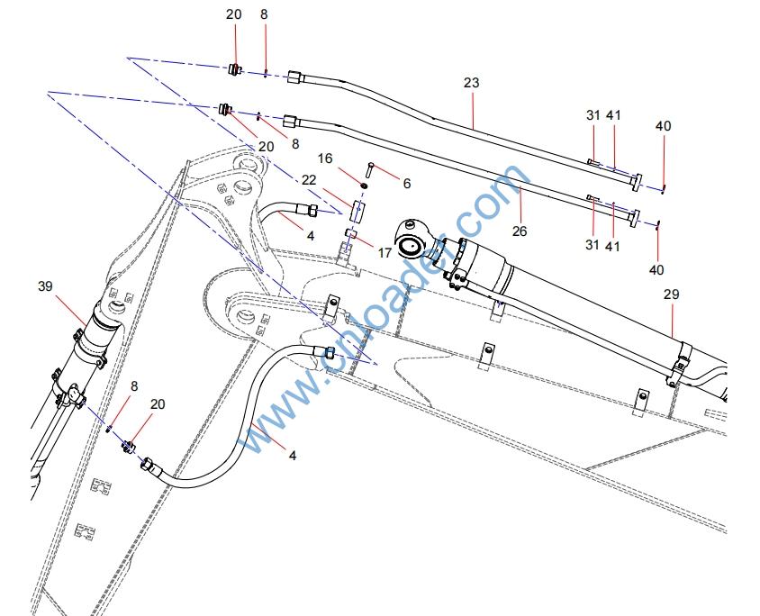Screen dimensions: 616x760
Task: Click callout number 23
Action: point(471,83)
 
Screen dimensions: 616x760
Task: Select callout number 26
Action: point(519,231)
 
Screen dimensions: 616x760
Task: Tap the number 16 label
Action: point(349,159)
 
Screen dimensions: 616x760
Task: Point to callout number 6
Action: point(407,184)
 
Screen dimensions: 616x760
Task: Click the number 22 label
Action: point(309,180)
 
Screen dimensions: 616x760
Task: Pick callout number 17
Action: point(385,253)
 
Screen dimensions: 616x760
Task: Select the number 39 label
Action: point(45,286)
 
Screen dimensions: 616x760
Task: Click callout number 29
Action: point(671,294)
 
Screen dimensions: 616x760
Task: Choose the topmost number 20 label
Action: point(234,14)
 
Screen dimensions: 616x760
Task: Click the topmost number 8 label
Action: point(264,14)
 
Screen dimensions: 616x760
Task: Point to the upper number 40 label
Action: point(663,127)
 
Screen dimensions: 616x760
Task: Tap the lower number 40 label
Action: point(656,270)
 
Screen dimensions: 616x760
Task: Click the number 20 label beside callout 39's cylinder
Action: point(158,405)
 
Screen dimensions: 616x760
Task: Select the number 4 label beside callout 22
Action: point(311,237)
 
